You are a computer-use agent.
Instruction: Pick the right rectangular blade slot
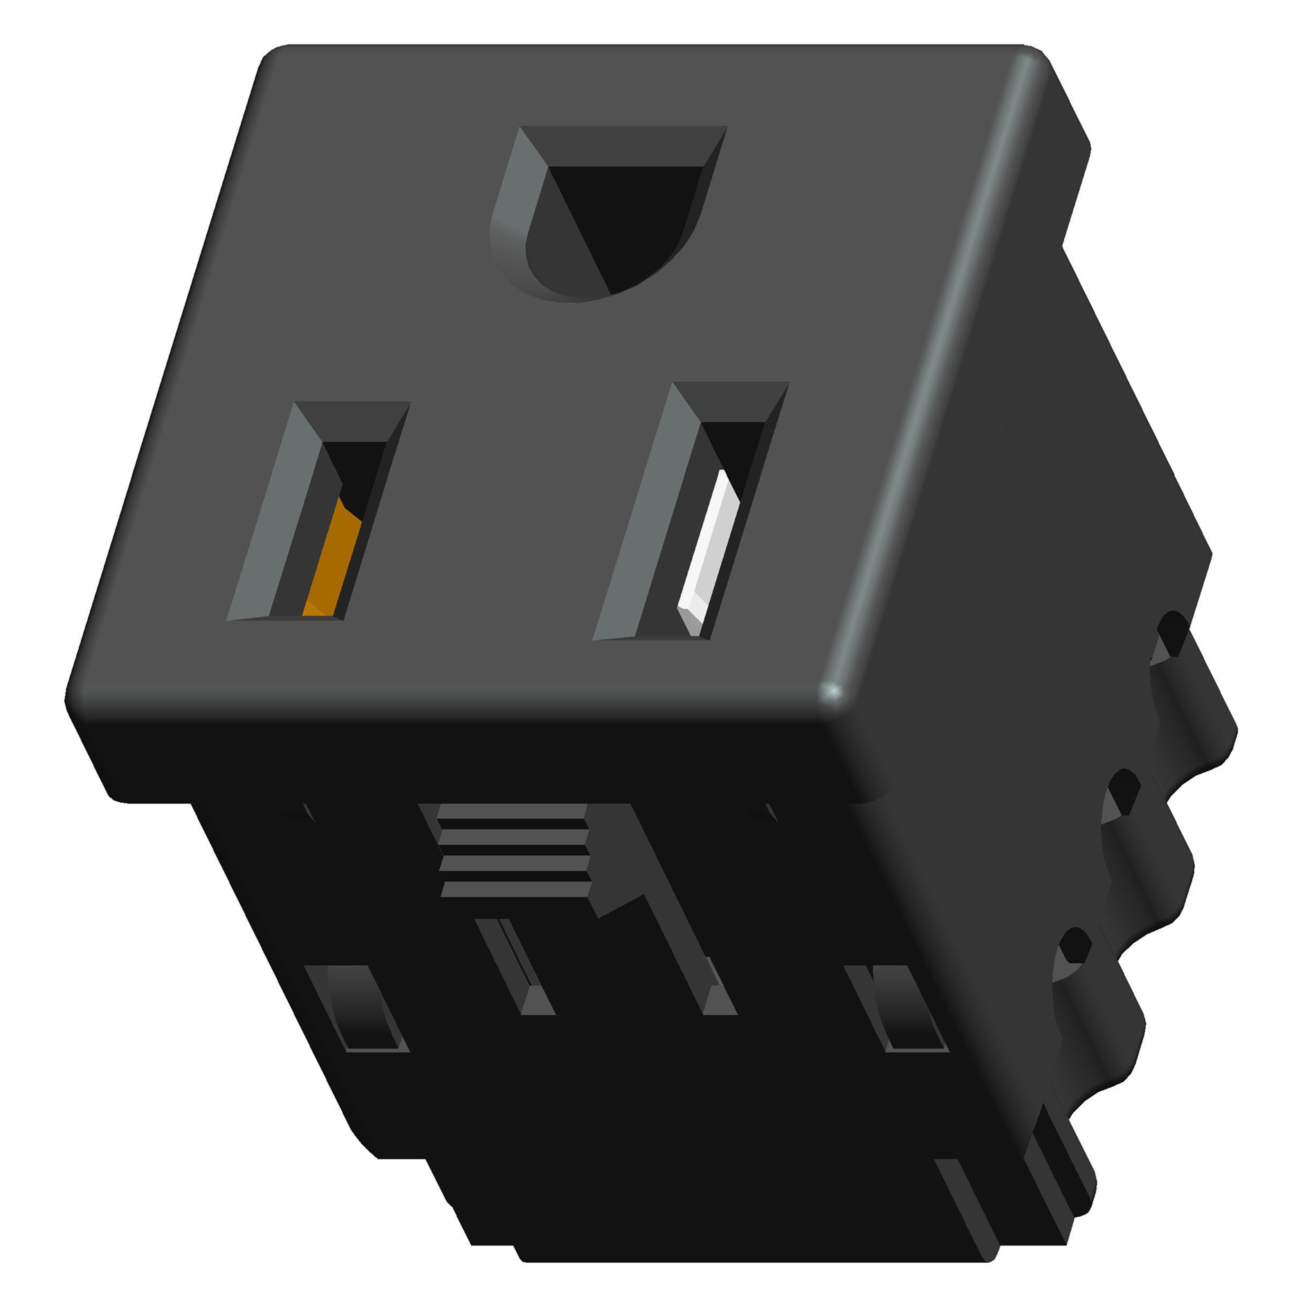click(692, 512)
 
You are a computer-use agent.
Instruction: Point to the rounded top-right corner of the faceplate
click(1031, 59)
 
